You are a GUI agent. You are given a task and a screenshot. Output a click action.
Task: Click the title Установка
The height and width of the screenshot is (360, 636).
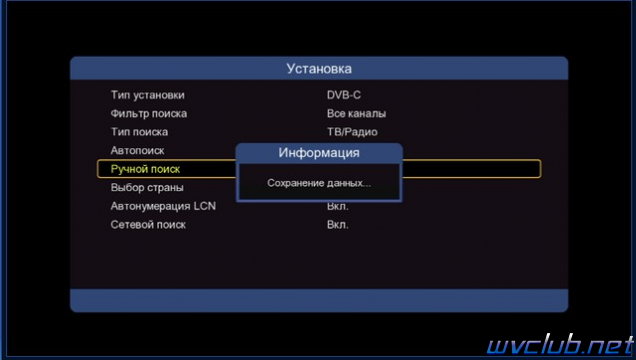(319, 69)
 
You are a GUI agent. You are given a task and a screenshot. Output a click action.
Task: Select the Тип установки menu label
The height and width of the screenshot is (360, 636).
(148, 95)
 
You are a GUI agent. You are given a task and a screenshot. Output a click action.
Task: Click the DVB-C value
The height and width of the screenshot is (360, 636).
(344, 95)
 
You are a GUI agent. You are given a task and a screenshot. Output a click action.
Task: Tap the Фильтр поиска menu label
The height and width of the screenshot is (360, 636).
(149, 114)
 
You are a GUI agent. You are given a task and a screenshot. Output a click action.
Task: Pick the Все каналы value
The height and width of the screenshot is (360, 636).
(356, 114)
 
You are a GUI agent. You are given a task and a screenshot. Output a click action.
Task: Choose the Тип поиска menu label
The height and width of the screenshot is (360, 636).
(139, 132)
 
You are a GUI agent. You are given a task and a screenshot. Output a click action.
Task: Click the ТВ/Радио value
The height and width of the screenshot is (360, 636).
(352, 132)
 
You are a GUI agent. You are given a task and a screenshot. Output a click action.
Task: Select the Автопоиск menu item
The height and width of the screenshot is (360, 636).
(138, 151)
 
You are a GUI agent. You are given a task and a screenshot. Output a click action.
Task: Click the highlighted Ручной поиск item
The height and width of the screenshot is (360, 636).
(145, 169)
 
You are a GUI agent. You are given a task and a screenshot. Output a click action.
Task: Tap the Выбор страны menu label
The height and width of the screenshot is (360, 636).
(147, 188)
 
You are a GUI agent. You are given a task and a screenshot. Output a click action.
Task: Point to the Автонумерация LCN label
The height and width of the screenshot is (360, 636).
(163, 206)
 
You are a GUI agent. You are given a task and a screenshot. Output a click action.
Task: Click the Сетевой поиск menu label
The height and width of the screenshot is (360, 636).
(148, 225)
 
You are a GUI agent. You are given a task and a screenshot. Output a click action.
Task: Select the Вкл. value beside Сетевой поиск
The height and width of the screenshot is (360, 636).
(337, 225)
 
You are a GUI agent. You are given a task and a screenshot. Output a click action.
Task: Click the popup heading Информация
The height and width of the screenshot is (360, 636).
(319, 153)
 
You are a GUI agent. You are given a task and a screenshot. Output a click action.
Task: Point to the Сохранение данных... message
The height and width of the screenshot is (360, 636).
(319, 183)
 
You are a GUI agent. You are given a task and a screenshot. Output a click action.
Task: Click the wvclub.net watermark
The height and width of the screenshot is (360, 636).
(561, 345)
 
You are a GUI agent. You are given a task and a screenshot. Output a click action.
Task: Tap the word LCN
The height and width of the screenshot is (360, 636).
(204, 206)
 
